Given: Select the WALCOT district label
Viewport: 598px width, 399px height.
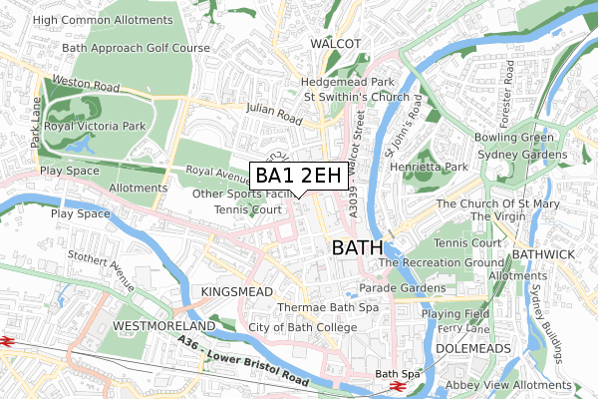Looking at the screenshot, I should [334, 44].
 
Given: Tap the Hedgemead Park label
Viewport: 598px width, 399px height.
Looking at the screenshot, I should [350, 82].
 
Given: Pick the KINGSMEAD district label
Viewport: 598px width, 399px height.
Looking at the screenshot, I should [236, 290].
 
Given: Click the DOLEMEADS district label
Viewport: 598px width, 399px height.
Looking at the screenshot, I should [472, 348].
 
